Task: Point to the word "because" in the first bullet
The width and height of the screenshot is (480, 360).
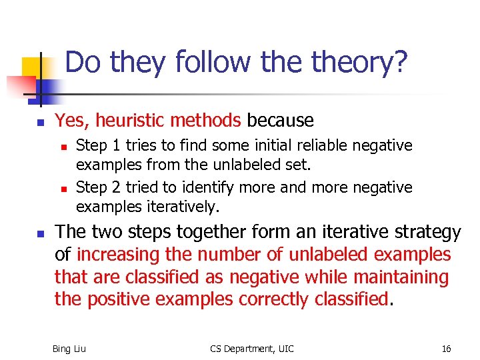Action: pyautogui.click(x=280, y=121)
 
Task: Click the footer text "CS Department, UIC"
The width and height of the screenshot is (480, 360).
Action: pyautogui.click(x=251, y=349)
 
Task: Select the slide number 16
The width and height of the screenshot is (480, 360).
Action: pyautogui.click(x=446, y=349)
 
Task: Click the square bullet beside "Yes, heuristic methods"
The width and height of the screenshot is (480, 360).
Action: pyautogui.click(x=40, y=123)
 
